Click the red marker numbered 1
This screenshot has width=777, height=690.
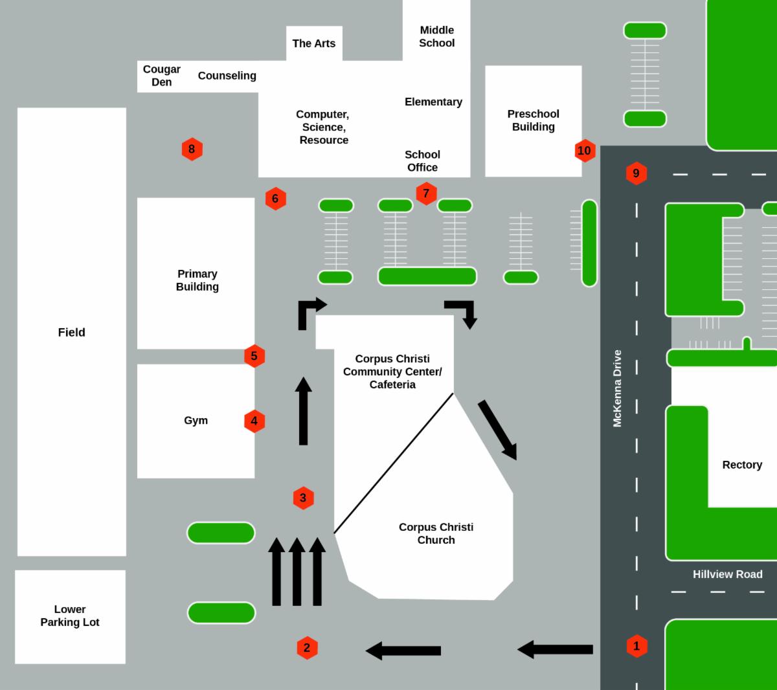[x=636, y=646]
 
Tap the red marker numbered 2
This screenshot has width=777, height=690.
[x=307, y=648]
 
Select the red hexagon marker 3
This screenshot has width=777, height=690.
[x=304, y=498]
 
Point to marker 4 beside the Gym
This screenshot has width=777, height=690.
[x=254, y=421]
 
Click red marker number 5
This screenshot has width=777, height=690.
[x=254, y=356]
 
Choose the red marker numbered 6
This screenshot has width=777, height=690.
[x=275, y=199]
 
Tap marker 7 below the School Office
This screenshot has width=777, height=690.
[x=426, y=193]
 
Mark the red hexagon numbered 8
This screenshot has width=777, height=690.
[x=192, y=149]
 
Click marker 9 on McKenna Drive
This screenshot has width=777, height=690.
[x=636, y=173]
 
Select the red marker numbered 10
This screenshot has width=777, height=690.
[x=585, y=150]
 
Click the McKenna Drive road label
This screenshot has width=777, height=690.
[x=616, y=388]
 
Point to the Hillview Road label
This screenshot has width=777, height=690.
[x=728, y=574]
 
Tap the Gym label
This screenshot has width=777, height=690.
[x=196, y=421]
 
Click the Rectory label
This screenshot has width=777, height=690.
[x=742, y=465]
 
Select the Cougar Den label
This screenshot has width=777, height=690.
[x=161, y=76]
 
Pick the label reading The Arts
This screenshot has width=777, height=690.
[x=314, y=43]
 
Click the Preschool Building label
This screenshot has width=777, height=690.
[x=533, y=120]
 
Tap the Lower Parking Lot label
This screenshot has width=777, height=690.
[x=70, y=616]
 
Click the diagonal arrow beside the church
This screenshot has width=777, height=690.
[x=497, y=430]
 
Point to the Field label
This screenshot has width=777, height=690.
[x=72, y=332]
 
